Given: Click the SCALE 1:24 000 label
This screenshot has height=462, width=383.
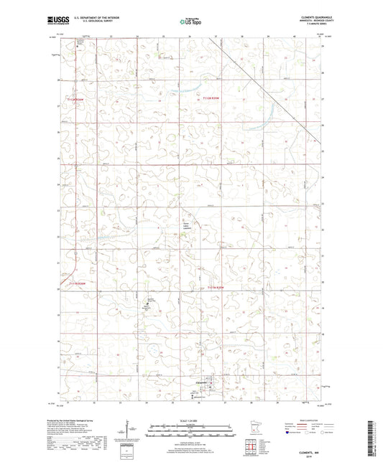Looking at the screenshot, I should click(191, 420).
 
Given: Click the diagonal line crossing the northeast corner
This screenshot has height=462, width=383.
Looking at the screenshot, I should click(266, 86).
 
